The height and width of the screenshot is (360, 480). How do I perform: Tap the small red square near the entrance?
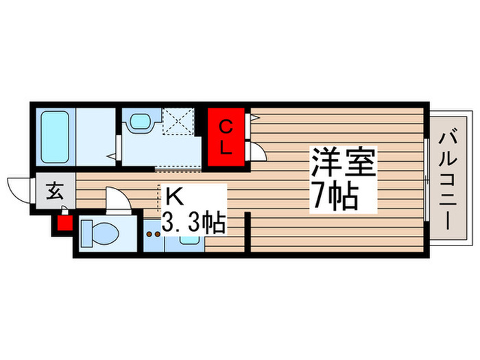(x=64, y=223)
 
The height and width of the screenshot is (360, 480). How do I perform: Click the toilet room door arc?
(x=117, y=200)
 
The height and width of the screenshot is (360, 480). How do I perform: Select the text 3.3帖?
(x=194, y=222)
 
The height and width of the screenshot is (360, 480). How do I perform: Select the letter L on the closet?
(x=225, y=145)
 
